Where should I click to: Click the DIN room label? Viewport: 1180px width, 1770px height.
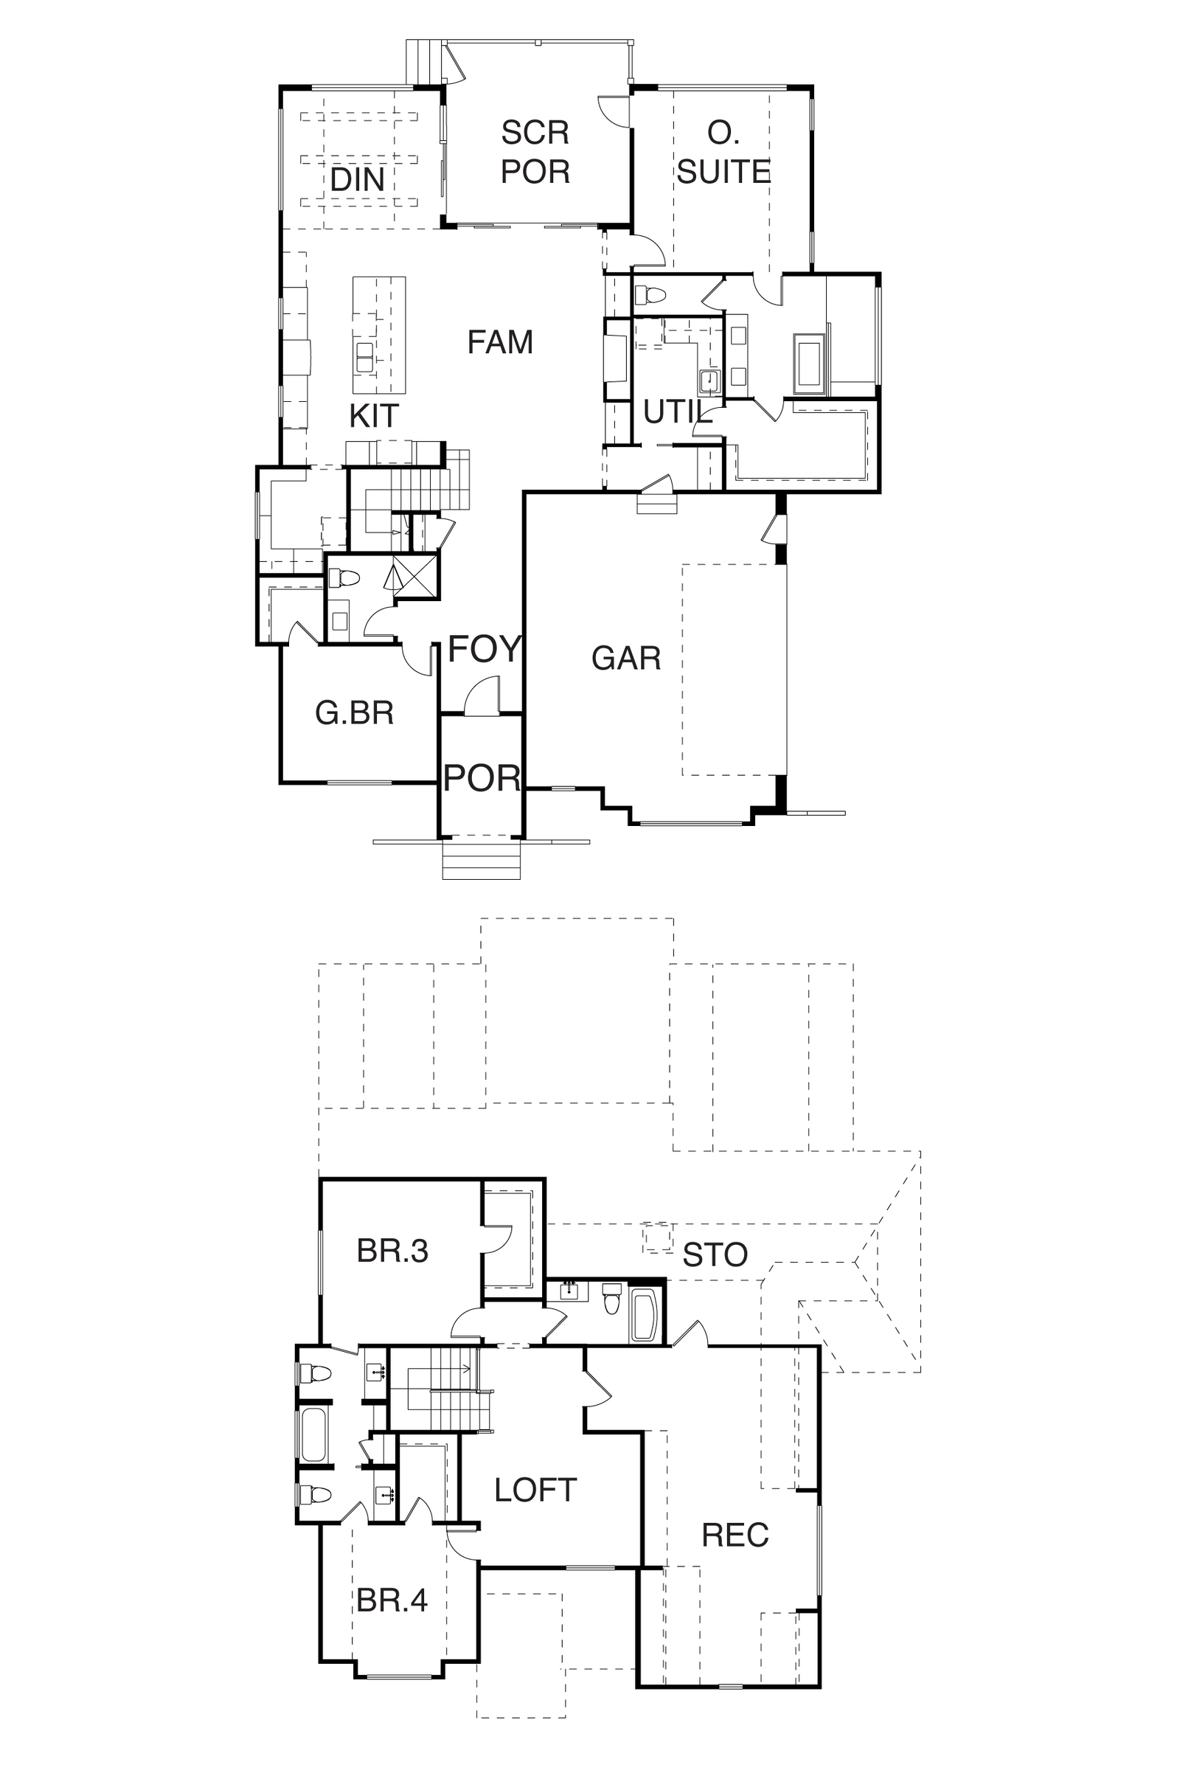point(358,180)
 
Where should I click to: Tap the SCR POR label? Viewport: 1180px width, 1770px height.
point(535,152)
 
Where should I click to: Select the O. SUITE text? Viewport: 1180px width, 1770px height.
point(723,152)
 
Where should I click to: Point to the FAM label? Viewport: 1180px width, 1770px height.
point(501,341)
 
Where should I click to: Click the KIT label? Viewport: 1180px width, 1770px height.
point(374,415)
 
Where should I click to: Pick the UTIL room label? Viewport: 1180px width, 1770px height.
point(678,412)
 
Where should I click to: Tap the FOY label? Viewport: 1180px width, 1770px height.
point(485,649)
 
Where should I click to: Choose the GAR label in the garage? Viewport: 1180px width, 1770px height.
point(626,659)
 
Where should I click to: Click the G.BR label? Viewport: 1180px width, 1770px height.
point(355,712)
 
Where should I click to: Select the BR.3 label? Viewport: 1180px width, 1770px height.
point(392,1251)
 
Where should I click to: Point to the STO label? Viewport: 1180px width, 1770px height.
point(715,1254)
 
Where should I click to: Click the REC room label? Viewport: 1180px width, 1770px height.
point(735,1535)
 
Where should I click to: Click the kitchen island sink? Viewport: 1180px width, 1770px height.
point(365,357)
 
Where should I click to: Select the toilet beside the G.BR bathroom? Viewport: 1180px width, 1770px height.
point(344,579)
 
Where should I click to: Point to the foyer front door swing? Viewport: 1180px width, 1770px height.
point(482,694)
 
